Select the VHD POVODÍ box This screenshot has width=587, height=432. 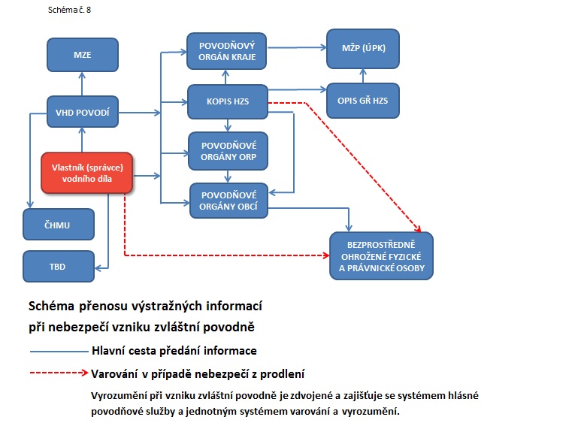pyautogui.click(x=83, y=112)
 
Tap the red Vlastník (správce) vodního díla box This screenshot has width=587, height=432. pyautogui.click(x=86, y=170)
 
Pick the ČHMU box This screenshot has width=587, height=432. pyautogui.click(x=59, y=223)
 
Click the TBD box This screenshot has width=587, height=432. pyautogui.click(x=59, y=265)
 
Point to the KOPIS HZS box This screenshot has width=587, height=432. pyautogui.click(x=228, y=100)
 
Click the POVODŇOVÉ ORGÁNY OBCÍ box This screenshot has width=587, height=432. pyautogui.click(x=228, y=199)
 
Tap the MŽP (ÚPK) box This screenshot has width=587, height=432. pyautogui.click(x=363, y=48)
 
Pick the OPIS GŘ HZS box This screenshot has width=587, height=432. pyautogui.click(x=363, y=100)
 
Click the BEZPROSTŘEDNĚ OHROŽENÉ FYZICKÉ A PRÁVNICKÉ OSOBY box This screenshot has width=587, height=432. pyautogui.click(x=381, y=256)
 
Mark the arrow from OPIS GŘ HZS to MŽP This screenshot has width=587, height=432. pyautogui.click(x=363, y=76)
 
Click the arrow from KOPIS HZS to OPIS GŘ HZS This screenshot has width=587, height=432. pyautogui.click(x=297, y=92)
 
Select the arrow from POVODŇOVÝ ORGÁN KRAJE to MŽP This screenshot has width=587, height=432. pyautogui.click(x=297, y=47)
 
